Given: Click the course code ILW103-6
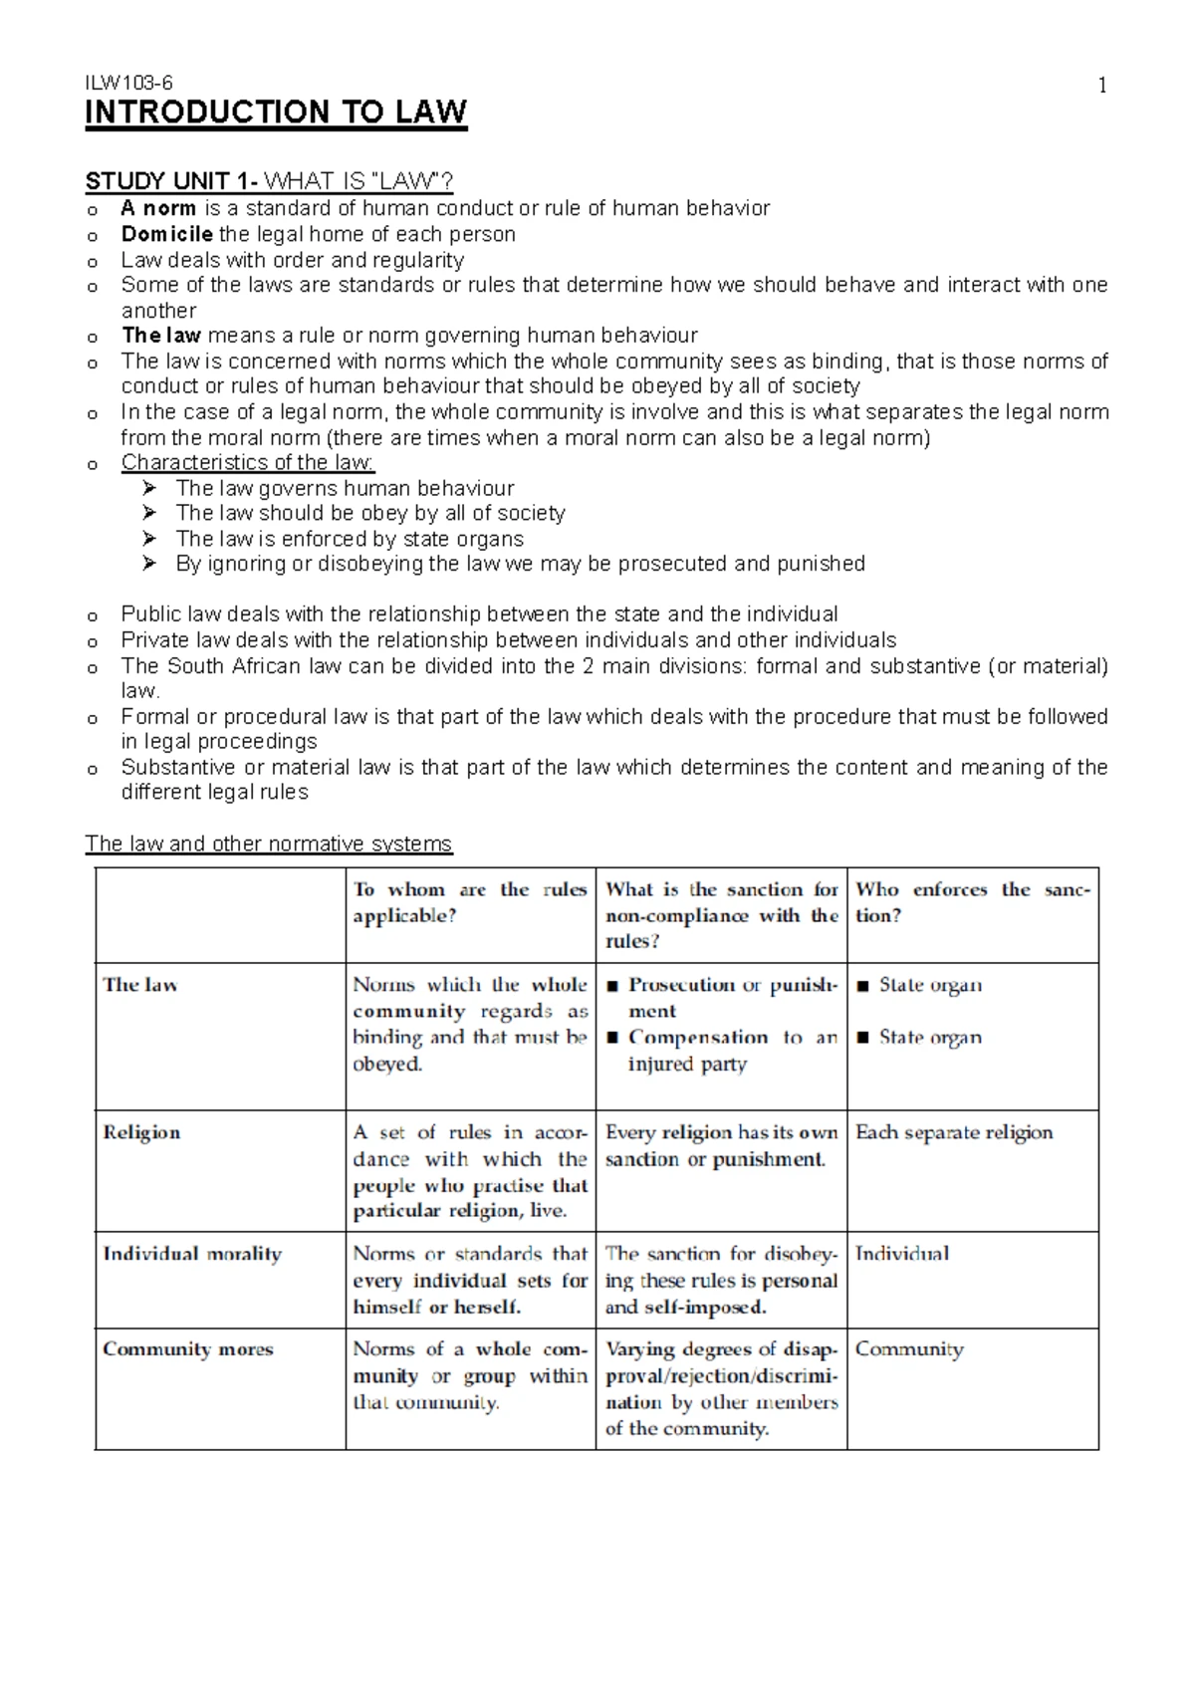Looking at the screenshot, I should [128, 85].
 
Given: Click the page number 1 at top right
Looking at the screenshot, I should [1102, 86].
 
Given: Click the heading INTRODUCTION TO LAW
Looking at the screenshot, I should [276, 112].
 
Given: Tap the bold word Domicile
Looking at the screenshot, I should [166, 234].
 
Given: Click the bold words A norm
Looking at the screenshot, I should [157, 208].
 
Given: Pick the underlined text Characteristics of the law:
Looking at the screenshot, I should [248, 462].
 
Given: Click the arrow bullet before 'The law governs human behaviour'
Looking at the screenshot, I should [149, 488].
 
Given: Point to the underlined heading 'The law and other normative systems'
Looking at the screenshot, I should [268, 844].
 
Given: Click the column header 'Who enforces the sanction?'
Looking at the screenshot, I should [972, 902].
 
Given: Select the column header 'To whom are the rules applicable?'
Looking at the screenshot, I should [469, 902].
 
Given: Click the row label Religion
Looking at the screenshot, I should [141, 1132].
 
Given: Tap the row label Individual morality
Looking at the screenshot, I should [192, 1254].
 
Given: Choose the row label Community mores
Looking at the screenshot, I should [187, 1349].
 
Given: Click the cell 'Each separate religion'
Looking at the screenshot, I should [953, 1132].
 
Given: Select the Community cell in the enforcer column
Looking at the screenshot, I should [908, 1349].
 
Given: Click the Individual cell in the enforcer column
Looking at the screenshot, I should [901, 1254].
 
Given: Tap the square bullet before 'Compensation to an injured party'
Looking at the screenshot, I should [611, 1038].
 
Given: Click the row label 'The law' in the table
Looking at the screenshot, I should [139, 985].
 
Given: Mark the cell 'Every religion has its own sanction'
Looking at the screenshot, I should [720, 1145].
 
